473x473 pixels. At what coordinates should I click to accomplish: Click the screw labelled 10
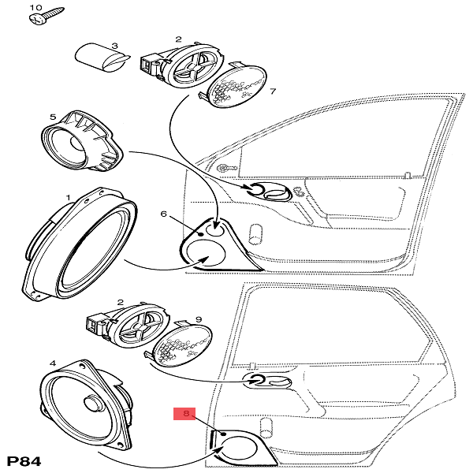[45, 18]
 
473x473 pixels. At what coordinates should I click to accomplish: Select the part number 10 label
[35, 6]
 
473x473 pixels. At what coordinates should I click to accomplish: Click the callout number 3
[115, 47]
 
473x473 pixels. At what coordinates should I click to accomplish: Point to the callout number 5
[53, 117]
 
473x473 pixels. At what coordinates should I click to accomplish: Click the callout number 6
[163, 214]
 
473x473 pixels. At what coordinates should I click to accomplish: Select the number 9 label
[198, 319]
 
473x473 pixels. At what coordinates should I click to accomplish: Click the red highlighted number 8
[186, 412]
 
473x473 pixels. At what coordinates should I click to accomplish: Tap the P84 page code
[23, 461]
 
